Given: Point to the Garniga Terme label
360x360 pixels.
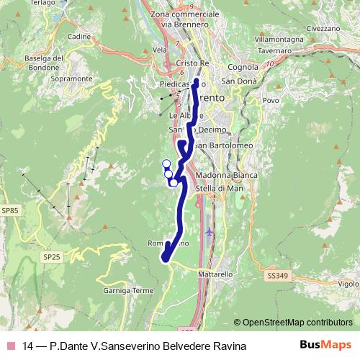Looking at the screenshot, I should click(x=129, y=291).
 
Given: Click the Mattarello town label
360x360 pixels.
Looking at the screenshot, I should click(x=215, y=274).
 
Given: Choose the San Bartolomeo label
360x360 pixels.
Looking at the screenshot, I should click(x=223, y=147).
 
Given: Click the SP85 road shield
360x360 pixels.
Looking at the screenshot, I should click(x=9, y=210).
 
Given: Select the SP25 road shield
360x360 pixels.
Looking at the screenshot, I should click(x=51, y=256).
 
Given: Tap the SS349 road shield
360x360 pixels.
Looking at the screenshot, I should click(x=276, y=276).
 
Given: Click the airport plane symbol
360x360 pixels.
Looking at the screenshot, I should click(x=210, y=233).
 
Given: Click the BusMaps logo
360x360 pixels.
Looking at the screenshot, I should click(x=325, y=346).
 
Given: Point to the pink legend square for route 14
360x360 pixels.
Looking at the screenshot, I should click(x=11, y=346).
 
